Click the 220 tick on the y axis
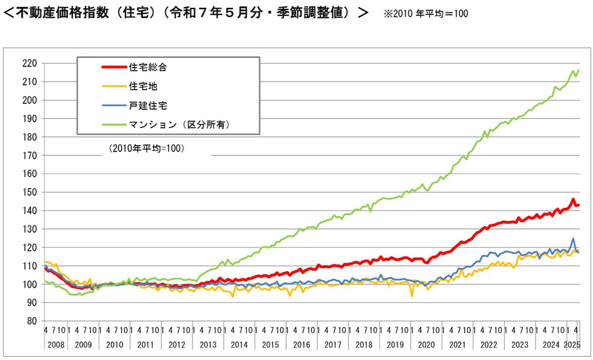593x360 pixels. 31,63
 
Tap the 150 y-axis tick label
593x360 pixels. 31,192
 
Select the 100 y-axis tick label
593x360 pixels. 31,284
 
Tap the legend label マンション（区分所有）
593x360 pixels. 181,125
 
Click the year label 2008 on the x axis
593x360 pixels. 55,343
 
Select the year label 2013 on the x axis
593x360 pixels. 208,343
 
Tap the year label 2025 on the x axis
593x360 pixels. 573,343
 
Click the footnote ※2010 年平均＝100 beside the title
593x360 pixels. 425,13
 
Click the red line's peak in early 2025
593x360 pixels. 573,199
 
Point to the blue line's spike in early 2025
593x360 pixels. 573,239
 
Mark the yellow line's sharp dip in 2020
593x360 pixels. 412,296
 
